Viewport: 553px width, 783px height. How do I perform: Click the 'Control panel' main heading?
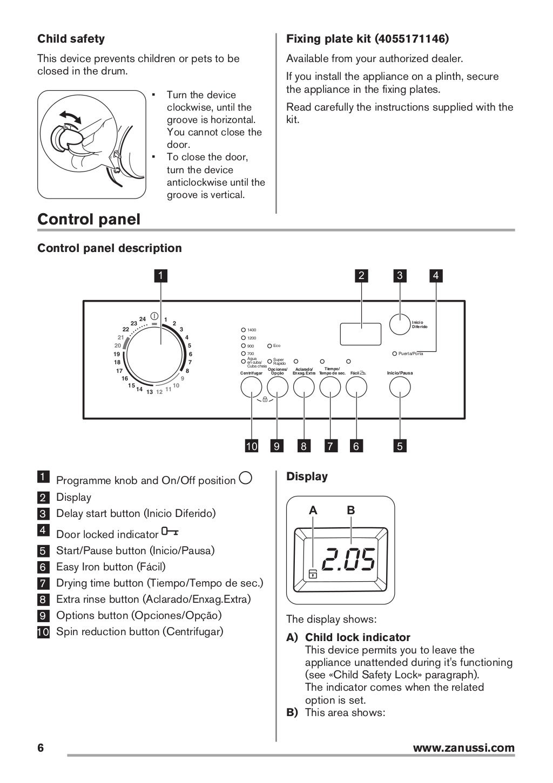coord(89,220)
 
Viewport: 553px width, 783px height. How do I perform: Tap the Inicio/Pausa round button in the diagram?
coord(400,387)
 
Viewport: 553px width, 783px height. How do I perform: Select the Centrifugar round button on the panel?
coord(251,387)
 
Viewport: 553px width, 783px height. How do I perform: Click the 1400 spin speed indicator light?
coord(244,330)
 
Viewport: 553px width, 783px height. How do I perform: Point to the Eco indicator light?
coord(269,345)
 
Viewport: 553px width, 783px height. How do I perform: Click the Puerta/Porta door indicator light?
coord(395,353)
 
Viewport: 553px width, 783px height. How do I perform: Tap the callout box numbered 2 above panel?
coord(361,276)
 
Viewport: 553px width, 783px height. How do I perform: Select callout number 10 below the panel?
coord(252,446)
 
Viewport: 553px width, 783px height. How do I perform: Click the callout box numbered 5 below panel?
coord(400,446)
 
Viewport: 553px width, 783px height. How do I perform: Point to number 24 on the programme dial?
coord(143,319)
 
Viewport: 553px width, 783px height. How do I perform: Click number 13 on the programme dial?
coord(150,392)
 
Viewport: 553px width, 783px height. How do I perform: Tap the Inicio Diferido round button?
coord(400,325)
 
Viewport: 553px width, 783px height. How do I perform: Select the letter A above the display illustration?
coord(313,510)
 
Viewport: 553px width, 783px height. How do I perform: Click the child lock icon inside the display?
coord(313,574)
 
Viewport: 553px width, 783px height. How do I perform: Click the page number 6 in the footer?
coord(41,748)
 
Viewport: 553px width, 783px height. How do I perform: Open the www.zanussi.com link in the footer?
coord(463,748)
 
